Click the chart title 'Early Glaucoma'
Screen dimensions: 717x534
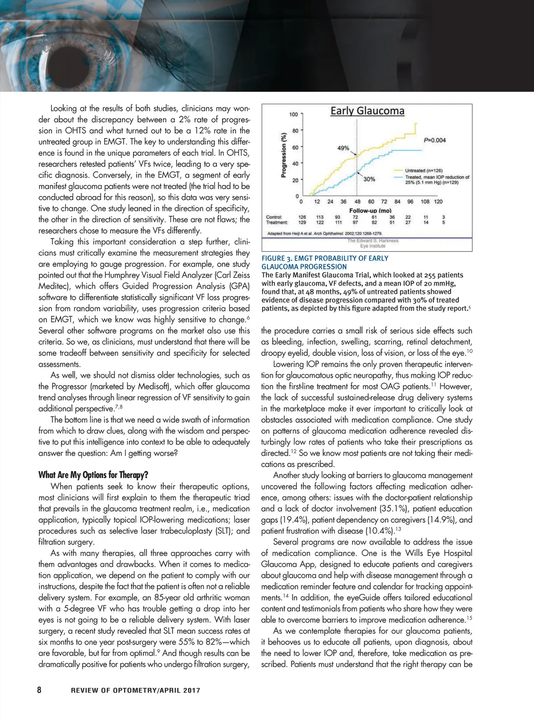(x=367, y=111)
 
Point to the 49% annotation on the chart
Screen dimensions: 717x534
(x=343, y=148)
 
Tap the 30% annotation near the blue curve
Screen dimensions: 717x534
(x=369, y=179)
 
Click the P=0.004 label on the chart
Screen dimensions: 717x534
(x=434, y=140)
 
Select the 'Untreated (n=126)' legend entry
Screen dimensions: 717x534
(x=423, y=171)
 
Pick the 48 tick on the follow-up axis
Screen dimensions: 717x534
(x=357, y=202)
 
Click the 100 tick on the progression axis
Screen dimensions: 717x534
(x=294, y=115)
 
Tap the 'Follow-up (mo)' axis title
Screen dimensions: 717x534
(x=370, y=211)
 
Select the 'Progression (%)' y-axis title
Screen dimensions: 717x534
(x=284, y=155)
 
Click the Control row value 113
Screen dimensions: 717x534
(x=320, y=217)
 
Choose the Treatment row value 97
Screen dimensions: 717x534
(x=355, y=222)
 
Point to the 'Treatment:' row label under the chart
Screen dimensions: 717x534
(x=277, y=222)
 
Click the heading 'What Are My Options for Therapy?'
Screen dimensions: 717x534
(x=93, y=475)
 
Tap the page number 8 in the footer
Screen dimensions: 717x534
(x=39, y=690)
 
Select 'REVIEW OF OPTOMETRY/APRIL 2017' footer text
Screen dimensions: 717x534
(x=136, y=690)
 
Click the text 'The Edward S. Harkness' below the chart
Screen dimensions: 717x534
(x=373, y=241)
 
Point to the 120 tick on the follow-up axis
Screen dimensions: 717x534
(x=438, y=202)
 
